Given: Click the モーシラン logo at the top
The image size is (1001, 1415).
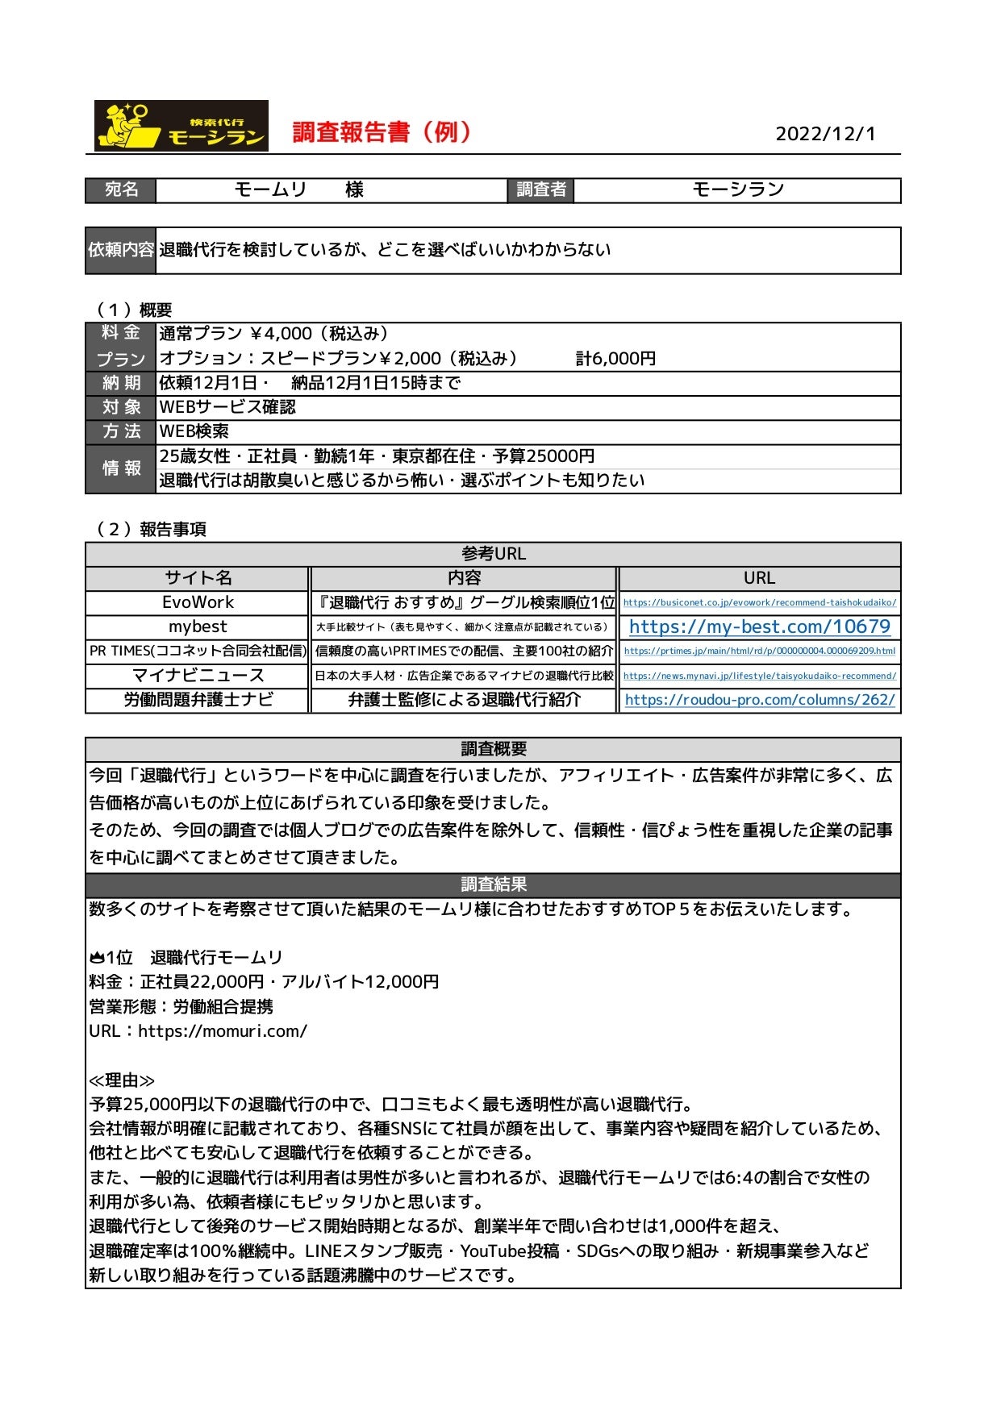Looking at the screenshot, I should point(181,126).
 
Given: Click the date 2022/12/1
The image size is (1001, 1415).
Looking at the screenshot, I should point(825,134).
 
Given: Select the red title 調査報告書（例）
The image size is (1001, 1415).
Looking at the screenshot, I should point(382,132).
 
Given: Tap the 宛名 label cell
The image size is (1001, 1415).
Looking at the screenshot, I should point(121,190).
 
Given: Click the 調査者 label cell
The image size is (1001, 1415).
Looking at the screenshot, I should point(540,190).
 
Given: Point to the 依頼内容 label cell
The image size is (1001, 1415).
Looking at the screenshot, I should point(120,250).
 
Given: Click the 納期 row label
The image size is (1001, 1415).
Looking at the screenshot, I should point(121,383).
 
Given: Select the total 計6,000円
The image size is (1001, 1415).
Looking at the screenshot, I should point(615,359).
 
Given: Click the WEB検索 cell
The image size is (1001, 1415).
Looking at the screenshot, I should point(194,432).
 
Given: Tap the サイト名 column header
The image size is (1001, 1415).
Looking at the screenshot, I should point(198,578).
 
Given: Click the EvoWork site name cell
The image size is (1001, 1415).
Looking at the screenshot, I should point(198,602).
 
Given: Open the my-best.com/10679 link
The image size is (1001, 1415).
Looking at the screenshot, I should point(759,626).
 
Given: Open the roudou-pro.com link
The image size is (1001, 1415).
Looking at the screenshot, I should point(759,700).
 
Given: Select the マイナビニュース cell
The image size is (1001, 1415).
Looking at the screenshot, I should point(198,676).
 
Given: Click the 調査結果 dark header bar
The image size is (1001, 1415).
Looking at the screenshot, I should point(493,884).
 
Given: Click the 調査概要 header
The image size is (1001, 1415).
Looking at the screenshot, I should point(493,749).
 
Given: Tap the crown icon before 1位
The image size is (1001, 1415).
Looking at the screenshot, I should point(97,958).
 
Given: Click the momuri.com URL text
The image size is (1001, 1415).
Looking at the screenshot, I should point(223,1031).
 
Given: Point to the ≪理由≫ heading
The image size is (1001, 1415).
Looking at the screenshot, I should point(122,1080).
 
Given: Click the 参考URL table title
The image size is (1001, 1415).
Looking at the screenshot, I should point(493,554).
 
